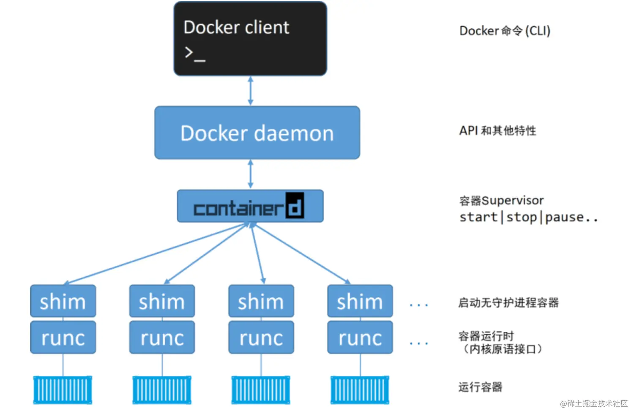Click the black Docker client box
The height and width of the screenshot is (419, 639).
pyautogui.click(x=250, y=39)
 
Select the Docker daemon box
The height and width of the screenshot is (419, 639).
pyautogui.click(x=257, y=133)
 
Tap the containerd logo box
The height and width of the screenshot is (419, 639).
pyautogui.click(x=250, y=207)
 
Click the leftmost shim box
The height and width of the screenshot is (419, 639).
pyautogui.click(x=63, y=301)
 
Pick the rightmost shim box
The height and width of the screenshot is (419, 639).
pyautogui.click(x=360, y=301)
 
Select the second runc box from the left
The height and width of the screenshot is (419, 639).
pyautogui.click(x=162, y=338)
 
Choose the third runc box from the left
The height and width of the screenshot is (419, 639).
pyautogui.click(x=261, y=338)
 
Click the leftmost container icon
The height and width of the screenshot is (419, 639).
pyautogui.click(x=63, y=390)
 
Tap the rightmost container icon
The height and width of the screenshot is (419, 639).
pyautogui.click(x=360, y=390)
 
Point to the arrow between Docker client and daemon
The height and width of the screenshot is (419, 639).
pyautogui.click(x=251, y=91)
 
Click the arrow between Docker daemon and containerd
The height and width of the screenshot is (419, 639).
pyautogui.click(x=251, y=174)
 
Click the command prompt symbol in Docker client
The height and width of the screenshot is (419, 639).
pyautogui.click(x=194, y=54)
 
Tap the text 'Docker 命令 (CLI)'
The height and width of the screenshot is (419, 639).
pyautogui.click(x=505, y=31)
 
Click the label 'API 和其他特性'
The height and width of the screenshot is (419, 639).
pyautogui.click(x=497, y=131)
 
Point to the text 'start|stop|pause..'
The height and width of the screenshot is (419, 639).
pyautogui.click(x=528, y=218)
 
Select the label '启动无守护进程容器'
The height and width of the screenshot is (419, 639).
pyautogui.click(x=508, y=303)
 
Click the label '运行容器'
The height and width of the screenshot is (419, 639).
pyautogui.click(x=480, y=387)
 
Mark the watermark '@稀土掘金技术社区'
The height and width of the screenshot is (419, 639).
pyautogui.click(x=593, y=404)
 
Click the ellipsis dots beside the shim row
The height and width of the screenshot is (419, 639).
pyautogui.click(x=419, y=305)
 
